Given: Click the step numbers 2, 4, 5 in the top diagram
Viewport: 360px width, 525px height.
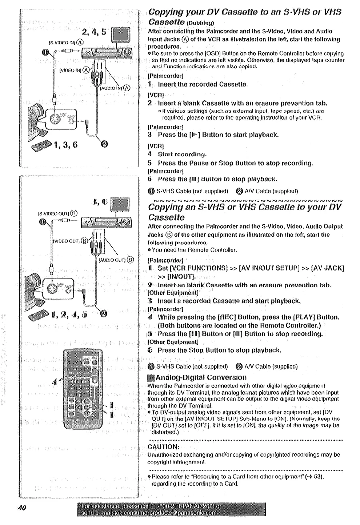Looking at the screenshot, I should point(94,32).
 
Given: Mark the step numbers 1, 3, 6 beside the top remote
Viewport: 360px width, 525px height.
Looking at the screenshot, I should point(65,145).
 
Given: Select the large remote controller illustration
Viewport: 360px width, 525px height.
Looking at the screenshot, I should point(82,388).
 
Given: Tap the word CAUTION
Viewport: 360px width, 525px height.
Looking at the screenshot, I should point(163,447).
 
